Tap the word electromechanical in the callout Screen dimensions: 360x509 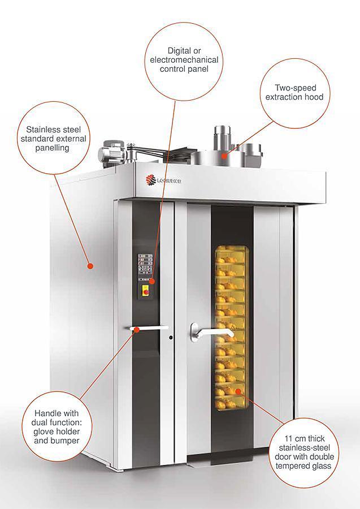[x=184, y=60]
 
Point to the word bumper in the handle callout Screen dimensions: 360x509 [x=66, y=441]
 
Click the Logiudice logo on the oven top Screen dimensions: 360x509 [x=163, y=180]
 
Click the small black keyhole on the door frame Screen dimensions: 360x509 [x=171, y=338]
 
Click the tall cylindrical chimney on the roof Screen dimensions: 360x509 [x=222, y=139]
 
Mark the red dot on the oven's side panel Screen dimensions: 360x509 [x=90, y=266]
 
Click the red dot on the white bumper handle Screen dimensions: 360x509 [x=137, y=330]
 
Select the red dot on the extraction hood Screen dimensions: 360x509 [x=224, y=156]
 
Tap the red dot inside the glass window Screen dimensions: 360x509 [x=238, y=391]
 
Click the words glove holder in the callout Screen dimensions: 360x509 [x=57, y=432]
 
